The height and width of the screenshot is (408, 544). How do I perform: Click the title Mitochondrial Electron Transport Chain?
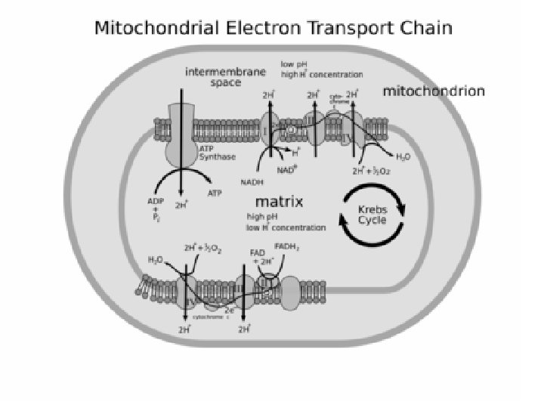[272, 29]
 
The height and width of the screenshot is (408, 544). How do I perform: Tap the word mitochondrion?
[434, 91]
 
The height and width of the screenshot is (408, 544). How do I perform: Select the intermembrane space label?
[225, 77]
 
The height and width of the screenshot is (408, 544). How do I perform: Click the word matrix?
[279, 202]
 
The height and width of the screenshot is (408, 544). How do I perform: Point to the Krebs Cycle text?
[372, 215]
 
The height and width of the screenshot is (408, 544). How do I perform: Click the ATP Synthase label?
[218, 153]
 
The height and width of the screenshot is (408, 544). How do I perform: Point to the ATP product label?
[215, 193]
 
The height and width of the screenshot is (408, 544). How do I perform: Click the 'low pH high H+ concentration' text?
[321, 70]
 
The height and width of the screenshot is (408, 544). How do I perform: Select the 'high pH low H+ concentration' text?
[286, 222]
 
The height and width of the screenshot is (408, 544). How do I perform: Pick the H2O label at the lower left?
[155, 260]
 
